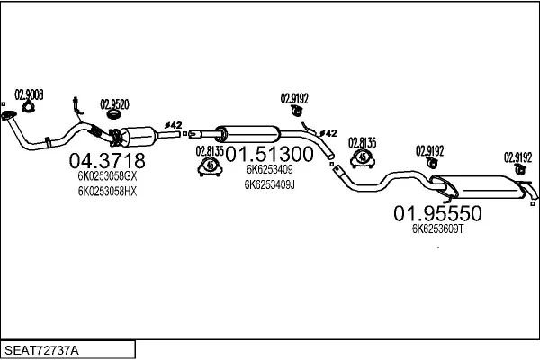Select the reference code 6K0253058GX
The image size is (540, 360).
[x=107, y=177]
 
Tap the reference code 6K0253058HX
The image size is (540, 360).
[x=107, y=192]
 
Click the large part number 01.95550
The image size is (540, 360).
[x=438, y=214]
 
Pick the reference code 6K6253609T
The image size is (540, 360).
[x=437, y=229]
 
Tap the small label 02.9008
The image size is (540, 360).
[x=30, y=94]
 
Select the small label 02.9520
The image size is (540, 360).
[x=114, y=103]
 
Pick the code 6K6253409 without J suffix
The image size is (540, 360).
[x=269, y=169]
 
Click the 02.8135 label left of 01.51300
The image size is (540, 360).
[x=210, y=150]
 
